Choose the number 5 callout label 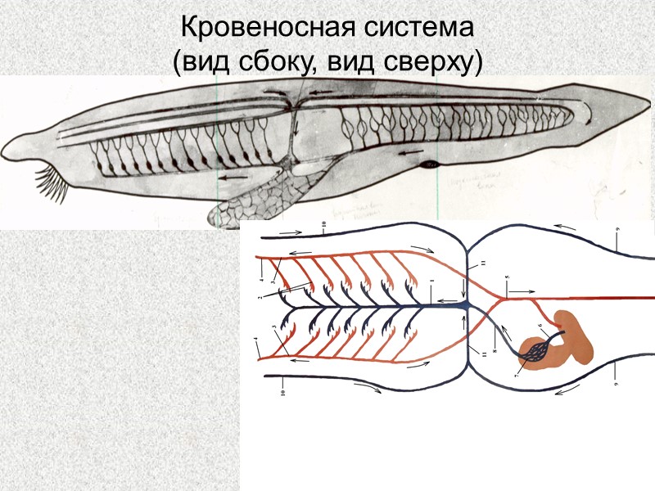(x=508, y=278)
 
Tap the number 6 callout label (x=540, y=326)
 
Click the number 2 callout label (x=260, y=298)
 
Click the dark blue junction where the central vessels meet (x=463, y=304)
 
